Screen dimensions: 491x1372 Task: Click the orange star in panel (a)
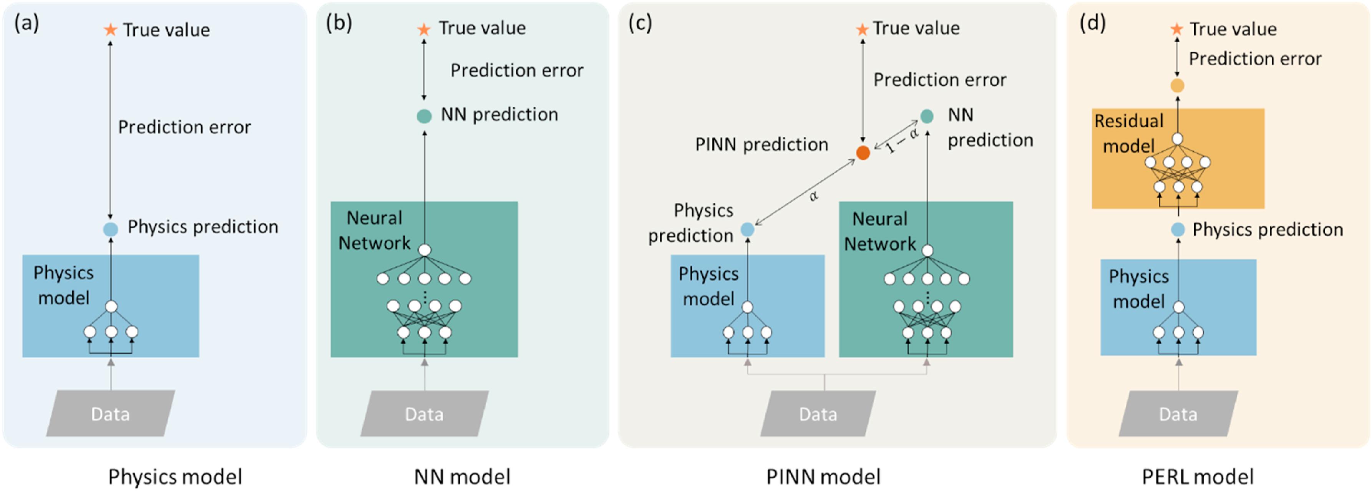110,30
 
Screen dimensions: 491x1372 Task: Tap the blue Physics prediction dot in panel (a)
110,229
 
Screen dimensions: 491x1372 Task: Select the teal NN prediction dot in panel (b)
424,116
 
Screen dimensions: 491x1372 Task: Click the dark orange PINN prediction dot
863,153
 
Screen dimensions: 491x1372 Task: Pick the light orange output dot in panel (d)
1177,85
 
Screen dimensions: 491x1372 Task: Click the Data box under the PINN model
818,414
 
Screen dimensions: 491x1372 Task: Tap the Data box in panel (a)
110,414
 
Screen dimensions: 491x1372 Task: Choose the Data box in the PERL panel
1178,414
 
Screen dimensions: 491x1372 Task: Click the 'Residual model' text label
1128,134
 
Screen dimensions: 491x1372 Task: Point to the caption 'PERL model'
1197,476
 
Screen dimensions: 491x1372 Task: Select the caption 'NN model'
462,476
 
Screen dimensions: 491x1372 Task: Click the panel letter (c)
640,23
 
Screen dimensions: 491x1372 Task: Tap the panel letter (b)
339,23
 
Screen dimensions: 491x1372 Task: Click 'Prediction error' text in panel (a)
184,127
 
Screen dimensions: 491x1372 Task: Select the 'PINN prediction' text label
761,144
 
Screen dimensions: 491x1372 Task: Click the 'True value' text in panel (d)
1233,29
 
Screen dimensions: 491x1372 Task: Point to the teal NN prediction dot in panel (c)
927,116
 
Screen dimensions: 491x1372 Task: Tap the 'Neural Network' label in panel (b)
375,230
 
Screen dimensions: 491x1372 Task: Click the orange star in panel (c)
862,29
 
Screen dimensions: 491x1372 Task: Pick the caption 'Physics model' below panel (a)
175,476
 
